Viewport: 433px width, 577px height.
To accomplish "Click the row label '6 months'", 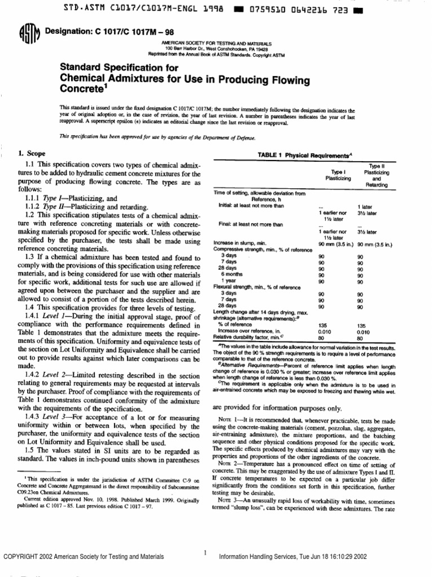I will (230, 275).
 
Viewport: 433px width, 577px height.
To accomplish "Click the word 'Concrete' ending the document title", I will (79, 90).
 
